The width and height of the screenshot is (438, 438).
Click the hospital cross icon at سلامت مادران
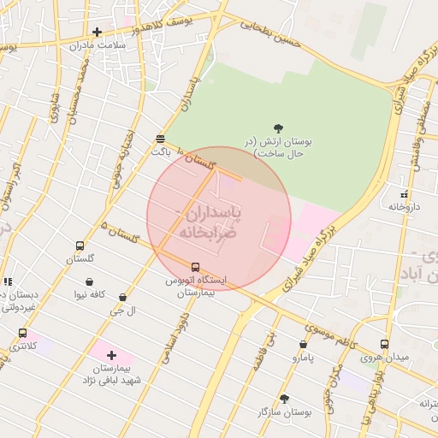(98, 33)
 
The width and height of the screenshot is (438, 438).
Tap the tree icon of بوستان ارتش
(278, 127)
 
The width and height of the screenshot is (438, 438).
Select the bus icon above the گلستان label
(80, 246)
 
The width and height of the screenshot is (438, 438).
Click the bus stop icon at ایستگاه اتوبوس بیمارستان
(195, 267)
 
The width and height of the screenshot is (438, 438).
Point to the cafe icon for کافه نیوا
(90, 281)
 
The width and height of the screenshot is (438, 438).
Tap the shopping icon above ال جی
(122, 298)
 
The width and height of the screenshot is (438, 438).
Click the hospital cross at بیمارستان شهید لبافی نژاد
(111, 354)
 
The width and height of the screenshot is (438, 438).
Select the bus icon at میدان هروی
(384, 344)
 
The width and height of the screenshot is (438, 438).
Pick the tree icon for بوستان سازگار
(284, 399)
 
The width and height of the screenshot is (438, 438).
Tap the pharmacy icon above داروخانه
(404, 195)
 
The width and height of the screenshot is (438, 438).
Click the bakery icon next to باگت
(161, 138)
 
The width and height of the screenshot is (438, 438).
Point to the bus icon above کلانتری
(22, 334)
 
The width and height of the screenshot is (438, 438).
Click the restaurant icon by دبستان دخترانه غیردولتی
(8, 281)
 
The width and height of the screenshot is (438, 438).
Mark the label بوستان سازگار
(285, 412)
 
